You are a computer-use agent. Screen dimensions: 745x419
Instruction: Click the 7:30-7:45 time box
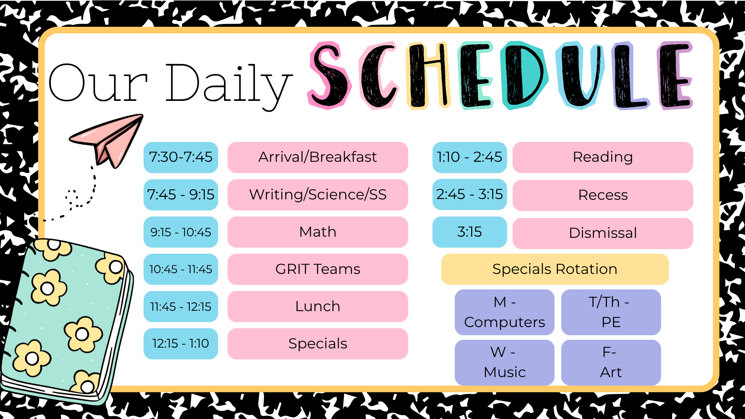tap(181, 157)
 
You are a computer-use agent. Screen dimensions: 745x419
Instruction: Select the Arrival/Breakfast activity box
tap(318, 157)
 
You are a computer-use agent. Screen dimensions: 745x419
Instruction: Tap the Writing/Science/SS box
tap(318, 195)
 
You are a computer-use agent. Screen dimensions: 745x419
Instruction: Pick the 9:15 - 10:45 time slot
tap(181, 232)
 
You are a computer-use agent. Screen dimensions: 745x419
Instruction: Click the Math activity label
tap(318, 232)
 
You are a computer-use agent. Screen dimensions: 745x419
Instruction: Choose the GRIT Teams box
tap(318, 269)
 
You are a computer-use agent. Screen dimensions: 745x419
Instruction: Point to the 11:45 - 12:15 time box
tap(181, 306)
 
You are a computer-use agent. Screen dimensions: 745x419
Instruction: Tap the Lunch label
tap(318, 306)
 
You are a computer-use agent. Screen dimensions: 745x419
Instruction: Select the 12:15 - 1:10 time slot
tap(181, 344)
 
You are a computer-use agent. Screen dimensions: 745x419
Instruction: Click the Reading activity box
tap(603, 157)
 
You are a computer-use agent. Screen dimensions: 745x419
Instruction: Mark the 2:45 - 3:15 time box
tap(470, 194)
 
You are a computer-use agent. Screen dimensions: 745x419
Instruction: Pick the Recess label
tap(603, 195)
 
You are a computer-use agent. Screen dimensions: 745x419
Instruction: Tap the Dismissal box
tap(603, 233)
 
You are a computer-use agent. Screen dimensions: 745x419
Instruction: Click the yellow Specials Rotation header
tap(555, 269)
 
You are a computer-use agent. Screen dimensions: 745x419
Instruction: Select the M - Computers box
tap(504, 312)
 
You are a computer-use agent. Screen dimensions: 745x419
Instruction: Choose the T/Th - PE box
tap(611, 312)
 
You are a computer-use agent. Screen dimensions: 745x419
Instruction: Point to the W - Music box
tap(504, 363)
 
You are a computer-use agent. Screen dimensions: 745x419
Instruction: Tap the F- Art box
tap(611, 363)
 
